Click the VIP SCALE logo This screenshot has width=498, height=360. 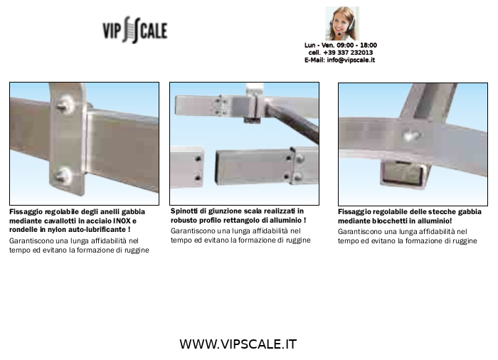point(135,30)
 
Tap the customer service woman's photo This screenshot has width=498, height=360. point(342,23)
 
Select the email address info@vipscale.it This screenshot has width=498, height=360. point(351,60)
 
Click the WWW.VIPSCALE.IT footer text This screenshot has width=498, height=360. point(238,344)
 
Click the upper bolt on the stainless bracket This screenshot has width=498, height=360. point(65,105)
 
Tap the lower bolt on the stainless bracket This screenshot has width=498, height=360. point(64,176)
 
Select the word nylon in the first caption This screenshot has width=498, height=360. point(56,230)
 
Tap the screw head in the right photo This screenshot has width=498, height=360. point(412,136)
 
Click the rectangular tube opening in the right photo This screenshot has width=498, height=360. point(402,174)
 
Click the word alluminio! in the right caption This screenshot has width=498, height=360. point(435,221)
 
